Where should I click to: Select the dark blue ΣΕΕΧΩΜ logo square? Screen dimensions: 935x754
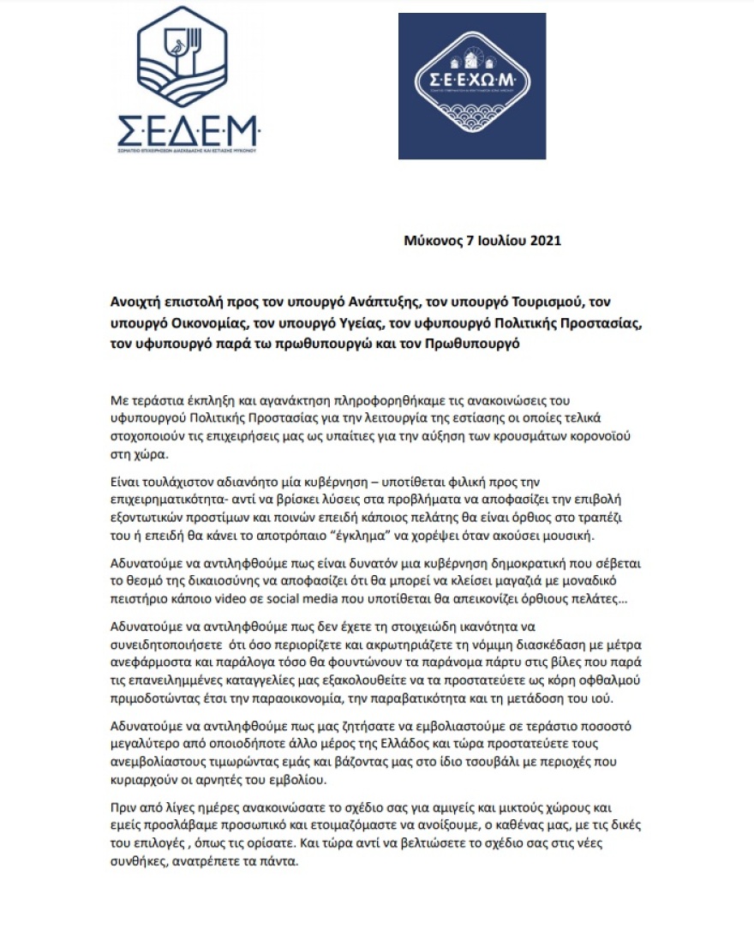pyautogui.click(x=471, y=86)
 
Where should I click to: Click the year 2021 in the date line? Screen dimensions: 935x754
pyautogui.click(x=545, y=241)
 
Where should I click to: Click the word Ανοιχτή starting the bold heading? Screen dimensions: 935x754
pyautogui.click(x=137, y=303)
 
